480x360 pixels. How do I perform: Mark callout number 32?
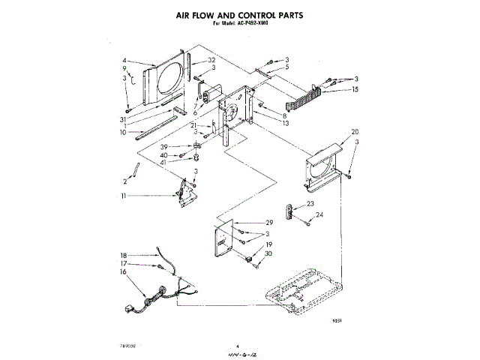(212, 60)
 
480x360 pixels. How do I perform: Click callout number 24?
(319, 214)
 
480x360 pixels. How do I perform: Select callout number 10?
(124, 133)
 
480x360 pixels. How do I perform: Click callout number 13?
(286, 124)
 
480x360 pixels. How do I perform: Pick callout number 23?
(310, 203)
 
